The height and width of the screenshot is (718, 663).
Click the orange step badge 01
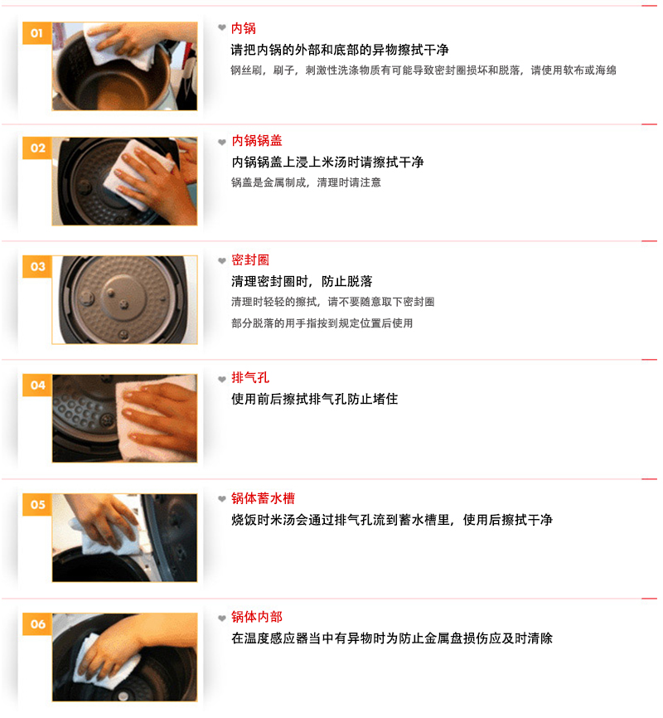point(37,33)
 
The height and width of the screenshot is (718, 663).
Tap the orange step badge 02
point(37,148)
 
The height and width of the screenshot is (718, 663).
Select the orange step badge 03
point(37,266)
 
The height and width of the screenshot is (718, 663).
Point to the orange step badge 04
point(37,385)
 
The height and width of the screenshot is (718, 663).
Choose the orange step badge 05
point(37,505)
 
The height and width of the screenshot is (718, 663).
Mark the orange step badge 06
point(37,623)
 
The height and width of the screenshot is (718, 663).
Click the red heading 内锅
point(243,28)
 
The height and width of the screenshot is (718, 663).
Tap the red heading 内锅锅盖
point(256,141)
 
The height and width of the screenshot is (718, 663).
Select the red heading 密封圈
point(250,260)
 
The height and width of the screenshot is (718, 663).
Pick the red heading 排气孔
point(250,378)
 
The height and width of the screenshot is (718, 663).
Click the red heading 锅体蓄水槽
point(263,498)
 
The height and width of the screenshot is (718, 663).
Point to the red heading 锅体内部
point(256,617)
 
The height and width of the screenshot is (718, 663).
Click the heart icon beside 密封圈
point(222,260)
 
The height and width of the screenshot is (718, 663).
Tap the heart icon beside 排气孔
point(222,379)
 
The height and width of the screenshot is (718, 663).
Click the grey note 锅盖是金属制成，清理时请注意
point(306,182)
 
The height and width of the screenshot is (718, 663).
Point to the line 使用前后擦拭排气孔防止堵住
point(315,399)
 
